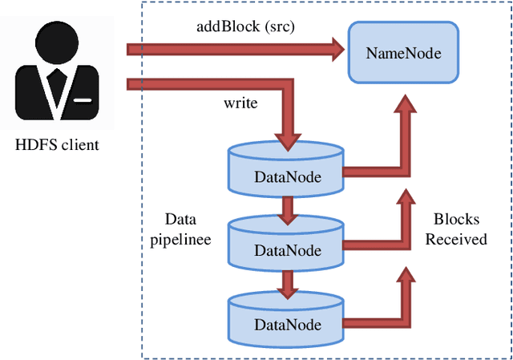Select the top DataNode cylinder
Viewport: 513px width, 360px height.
click(x=287, y=169)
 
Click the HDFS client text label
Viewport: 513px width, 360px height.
click(x=58, y=145)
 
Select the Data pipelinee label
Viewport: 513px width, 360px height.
click(x=180, y=229)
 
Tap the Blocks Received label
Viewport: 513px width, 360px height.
click(x=455, y=229)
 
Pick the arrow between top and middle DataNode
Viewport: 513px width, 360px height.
click(x=287, y=210)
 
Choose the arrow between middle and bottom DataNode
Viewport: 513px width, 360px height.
click(x=287, y=283)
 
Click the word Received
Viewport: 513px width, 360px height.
click(x=455, y=239)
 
